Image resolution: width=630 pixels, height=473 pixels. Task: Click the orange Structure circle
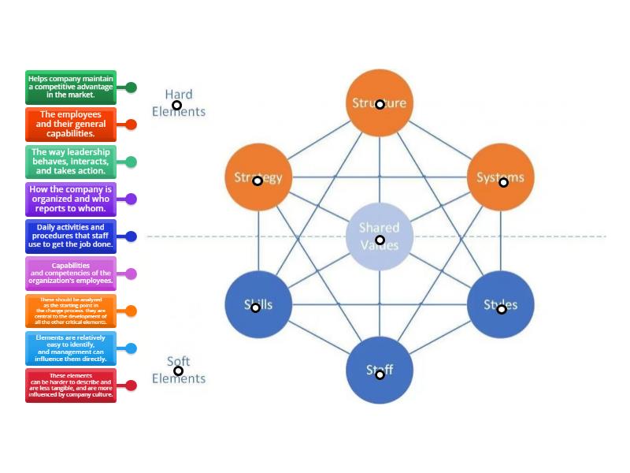(380, 103)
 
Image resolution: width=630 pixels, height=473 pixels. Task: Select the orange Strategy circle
(258, 178)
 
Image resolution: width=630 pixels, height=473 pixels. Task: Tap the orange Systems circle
(501, 178)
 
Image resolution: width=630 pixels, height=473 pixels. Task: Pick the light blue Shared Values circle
(380, 236)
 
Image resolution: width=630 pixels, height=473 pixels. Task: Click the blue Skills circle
(258, 304)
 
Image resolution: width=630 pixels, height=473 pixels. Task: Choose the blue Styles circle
(501, 304)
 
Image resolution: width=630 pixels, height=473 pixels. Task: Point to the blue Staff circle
(380, 370)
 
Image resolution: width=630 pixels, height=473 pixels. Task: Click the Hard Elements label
(179, 103)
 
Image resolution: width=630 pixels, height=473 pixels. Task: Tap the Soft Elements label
(179, 371)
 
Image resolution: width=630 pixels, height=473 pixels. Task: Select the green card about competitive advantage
(71, 88)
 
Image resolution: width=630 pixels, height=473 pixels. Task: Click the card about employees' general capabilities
(71, 125)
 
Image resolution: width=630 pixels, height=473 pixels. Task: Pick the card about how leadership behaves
(71, 162)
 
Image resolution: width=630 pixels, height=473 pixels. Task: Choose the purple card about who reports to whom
(71, 199)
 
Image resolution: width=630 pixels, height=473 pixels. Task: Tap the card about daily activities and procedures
(71, 236)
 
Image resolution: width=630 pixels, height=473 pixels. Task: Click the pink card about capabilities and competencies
(71, 274)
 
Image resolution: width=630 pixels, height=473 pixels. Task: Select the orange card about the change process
(71, 311)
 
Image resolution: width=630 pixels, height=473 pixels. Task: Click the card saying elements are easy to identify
(71, 348)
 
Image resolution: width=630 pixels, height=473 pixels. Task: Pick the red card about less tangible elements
(71, 385)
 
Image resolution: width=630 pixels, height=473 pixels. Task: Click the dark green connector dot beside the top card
(132, 88)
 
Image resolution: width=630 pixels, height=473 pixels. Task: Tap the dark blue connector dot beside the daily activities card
(132, 236)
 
